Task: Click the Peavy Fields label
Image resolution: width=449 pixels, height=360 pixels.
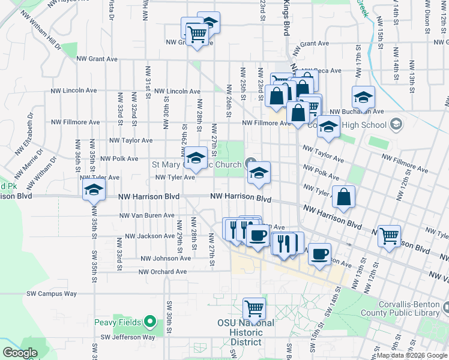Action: (117, 323)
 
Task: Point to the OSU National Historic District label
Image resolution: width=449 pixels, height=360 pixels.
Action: (246, 332)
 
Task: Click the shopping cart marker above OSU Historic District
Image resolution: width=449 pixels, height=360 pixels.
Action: (255, 309)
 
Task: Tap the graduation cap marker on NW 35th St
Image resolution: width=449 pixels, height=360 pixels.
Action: (94, 191)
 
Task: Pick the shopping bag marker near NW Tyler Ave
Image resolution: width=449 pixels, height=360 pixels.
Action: (343, 197)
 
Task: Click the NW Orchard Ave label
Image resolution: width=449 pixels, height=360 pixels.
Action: (163, 272)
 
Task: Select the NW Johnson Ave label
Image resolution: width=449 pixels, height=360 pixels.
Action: (166, 259)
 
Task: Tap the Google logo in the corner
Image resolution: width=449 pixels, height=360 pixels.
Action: (20, 353)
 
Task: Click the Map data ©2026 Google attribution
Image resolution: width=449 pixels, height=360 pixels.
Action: (411, 355)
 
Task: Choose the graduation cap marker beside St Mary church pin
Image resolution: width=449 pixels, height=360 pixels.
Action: (259, 173)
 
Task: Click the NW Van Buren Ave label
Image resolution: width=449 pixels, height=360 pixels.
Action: (147, 215)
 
